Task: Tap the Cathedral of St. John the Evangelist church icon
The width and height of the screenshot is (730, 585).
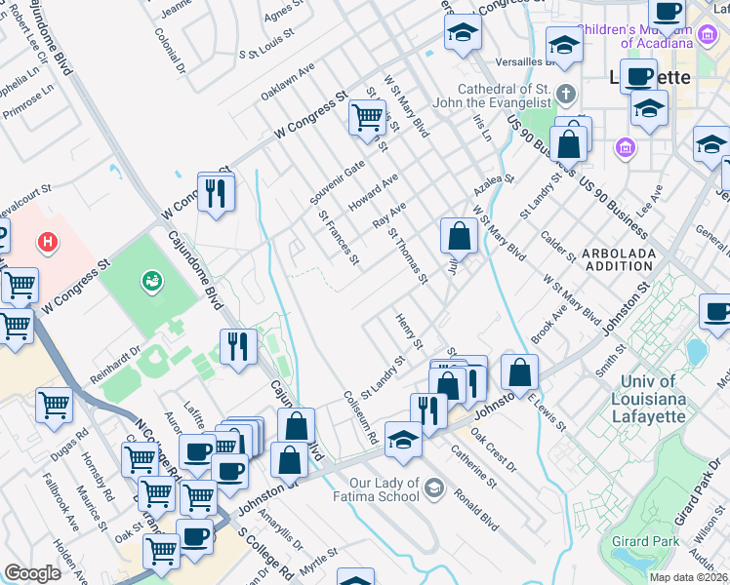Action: [565, 96]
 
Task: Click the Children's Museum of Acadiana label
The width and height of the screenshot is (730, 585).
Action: [649, 36]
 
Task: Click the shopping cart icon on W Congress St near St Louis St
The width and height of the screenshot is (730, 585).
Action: [368, 119]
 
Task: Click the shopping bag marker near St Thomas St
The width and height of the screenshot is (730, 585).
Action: [459, 235]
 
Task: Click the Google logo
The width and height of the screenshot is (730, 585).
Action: [32, 573]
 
